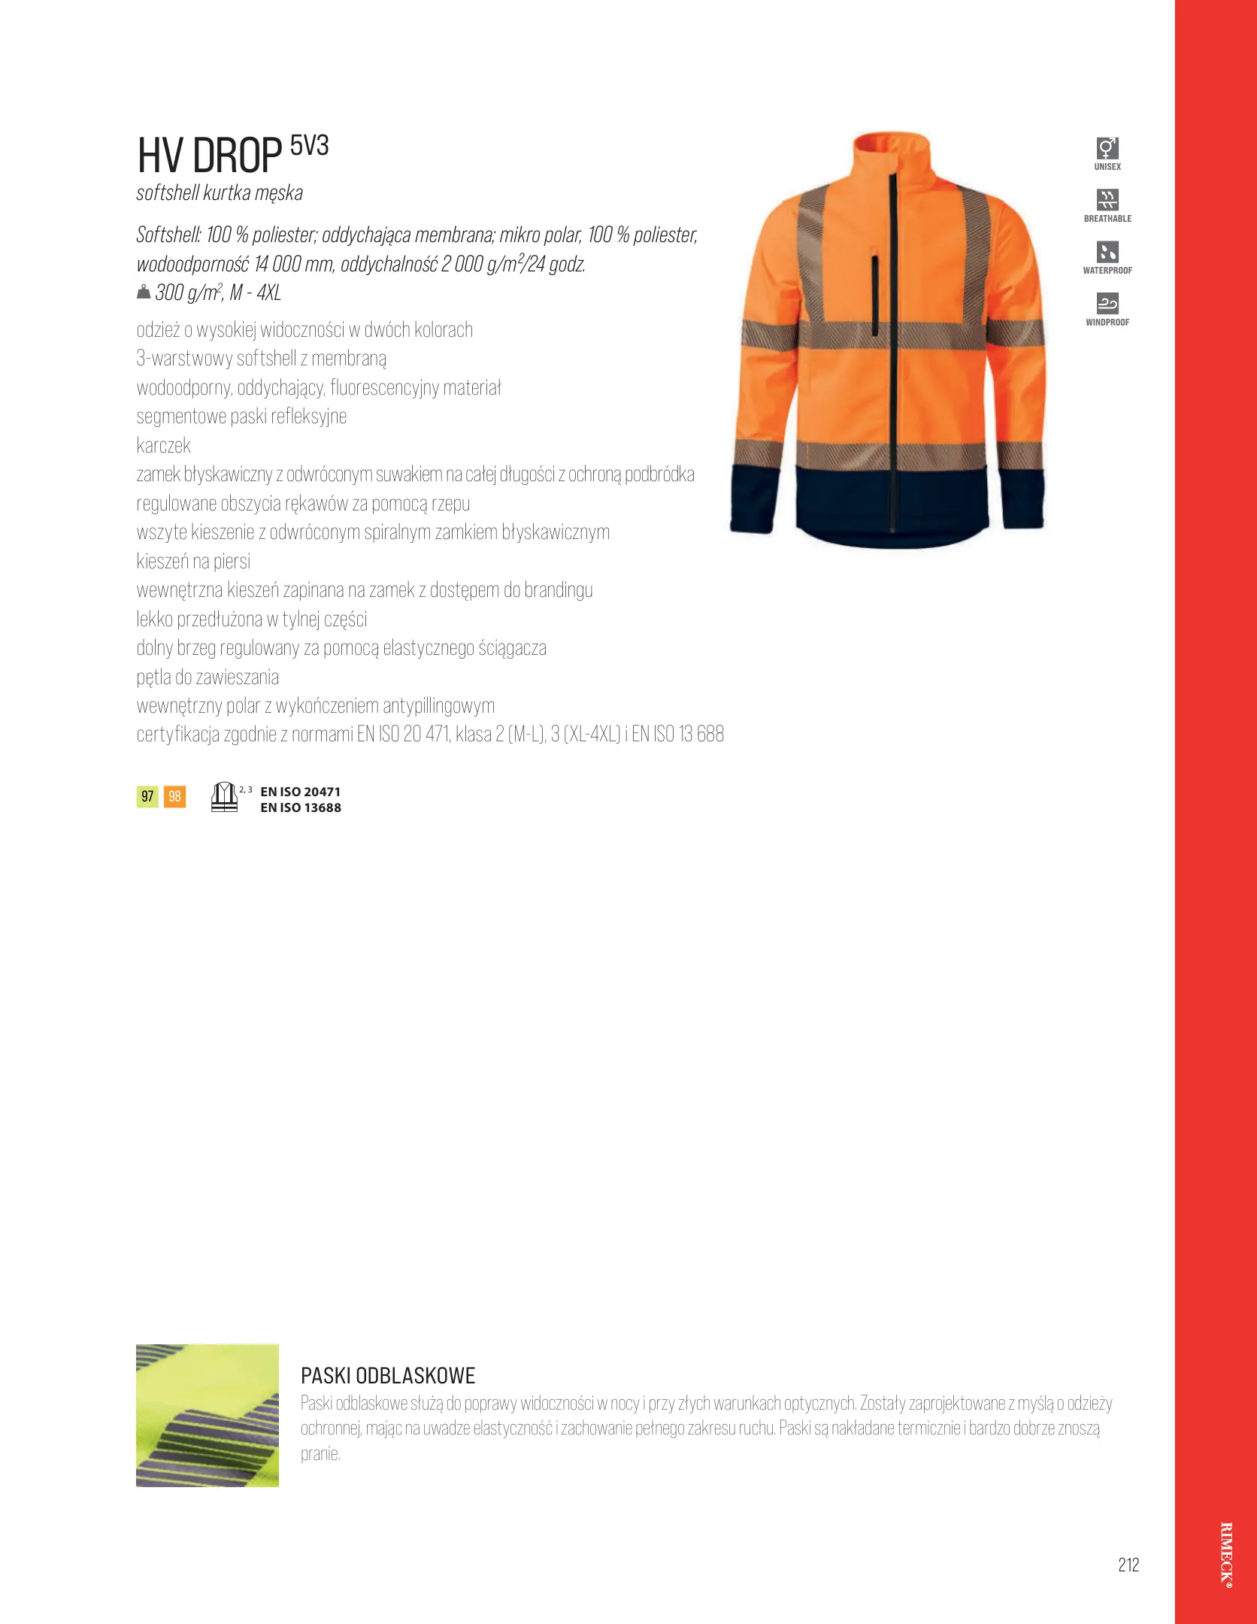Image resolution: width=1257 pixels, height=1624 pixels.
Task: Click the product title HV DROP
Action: (x=209, y=156)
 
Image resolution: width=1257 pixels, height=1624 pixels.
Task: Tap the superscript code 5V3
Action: (x=309, y=145)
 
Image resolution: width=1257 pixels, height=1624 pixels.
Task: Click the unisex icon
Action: (x=1107, y=148)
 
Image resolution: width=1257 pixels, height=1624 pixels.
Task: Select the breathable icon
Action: (x=1107, y=200)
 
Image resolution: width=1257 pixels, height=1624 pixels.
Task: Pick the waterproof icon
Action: (x=1107, y=252)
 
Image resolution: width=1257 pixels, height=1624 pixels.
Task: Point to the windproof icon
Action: (x=1107, y=304)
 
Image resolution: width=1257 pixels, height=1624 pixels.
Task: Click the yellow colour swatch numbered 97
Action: (x=147, y=796)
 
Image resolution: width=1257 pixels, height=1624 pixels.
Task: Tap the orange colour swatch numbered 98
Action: (x=174, y=796)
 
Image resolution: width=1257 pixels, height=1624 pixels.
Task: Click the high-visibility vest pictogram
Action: (x=224, y=797)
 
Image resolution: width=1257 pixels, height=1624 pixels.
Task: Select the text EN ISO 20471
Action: (x=300, y=792)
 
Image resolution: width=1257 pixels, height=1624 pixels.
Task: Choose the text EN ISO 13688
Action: (x=300, y=807)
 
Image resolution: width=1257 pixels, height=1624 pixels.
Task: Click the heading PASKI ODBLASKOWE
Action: (x=388, y=1376)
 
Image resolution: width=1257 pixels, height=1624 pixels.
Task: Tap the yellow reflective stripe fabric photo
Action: (x=207, y=1415)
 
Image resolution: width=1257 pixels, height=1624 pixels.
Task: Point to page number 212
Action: (x=1128, y=1565)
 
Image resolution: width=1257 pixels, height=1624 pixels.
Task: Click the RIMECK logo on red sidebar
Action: (x=1226, y=1554)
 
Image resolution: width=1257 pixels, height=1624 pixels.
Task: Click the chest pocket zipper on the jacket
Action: (x=875, y=295)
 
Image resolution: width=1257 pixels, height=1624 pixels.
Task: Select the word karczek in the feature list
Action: (x=164, y=445)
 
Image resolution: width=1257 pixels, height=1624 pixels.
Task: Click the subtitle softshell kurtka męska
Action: (x=220, y=193)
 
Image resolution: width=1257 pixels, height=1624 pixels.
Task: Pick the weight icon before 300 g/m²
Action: (x=144, y=292)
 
